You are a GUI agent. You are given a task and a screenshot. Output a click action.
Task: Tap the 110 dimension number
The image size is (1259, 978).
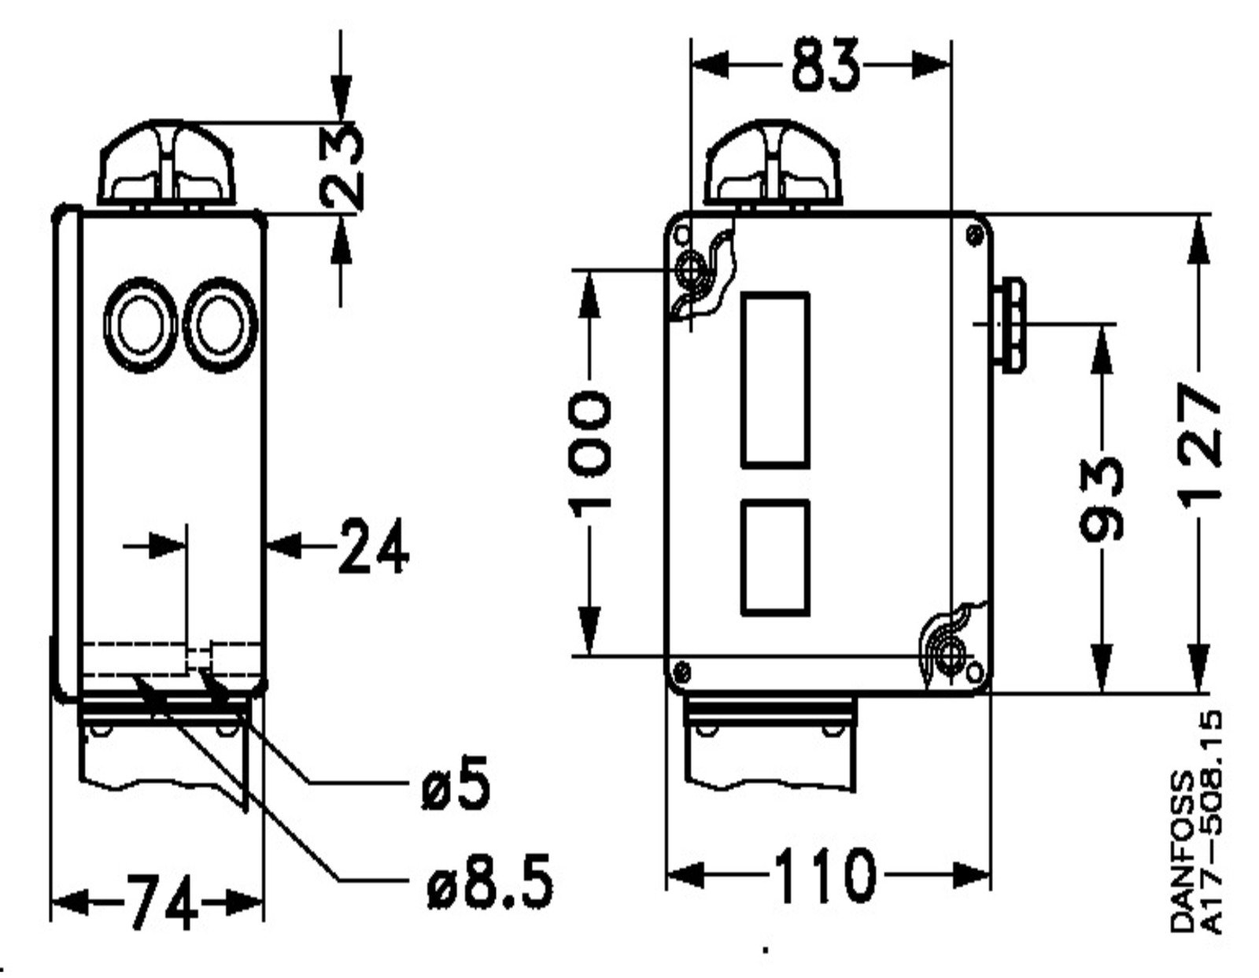825,875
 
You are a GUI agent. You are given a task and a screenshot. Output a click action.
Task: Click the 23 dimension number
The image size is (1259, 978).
342,167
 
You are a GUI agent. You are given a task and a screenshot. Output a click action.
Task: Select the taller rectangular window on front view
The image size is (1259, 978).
775,380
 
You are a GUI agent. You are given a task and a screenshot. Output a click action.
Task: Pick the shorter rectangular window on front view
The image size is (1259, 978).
775,557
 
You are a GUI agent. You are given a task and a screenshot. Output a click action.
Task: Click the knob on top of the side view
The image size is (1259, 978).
166,163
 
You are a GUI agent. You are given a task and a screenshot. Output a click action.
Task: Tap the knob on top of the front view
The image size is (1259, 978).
773,163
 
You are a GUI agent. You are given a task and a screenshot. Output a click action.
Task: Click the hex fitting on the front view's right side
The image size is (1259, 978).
1010,326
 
